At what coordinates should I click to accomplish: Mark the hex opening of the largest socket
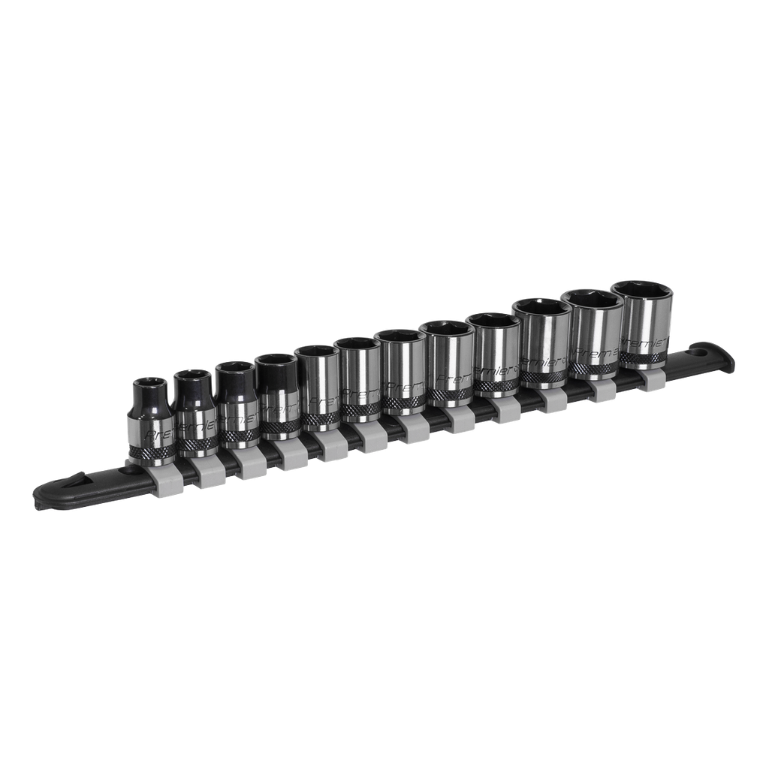[x=642, y=290]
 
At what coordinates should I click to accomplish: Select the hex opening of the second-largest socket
[x=596, y=300]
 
